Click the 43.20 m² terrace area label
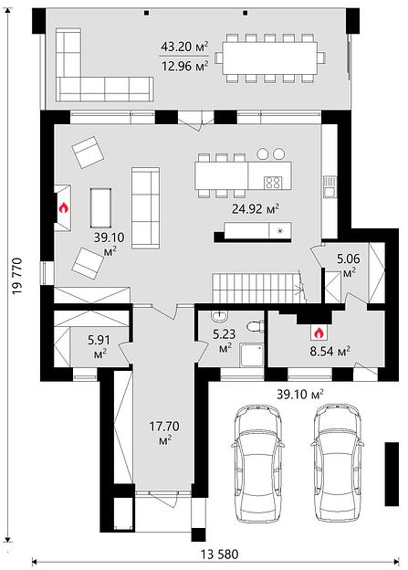pyautogui.click(x=184, y=47)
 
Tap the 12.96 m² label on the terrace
pyautogui.click(x=184, y=67)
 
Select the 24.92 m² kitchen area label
pyautogui.click(x=256, y=209)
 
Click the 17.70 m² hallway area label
pyautogui.click(x=164, y=432)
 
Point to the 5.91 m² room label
pyautogui.click(x=99, y=346)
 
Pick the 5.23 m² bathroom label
pyautogui.click(x=225, y=340)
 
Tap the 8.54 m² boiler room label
pyautogui.click(x=330, y=352)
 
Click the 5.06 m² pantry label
pyautogui.click(x=349, y=265)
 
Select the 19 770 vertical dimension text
pyautogui.click(x=16, y=276)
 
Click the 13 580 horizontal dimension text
pyautogui.click(x=220, y=554)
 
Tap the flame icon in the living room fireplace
pyautogui.click(x=63, y=208)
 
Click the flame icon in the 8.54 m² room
pyautogui.click(x=319, y=332)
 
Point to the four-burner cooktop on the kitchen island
pyautogui.click(x=273, y=182)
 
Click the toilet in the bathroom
pyautogui.click(x=256, y=326)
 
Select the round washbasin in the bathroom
pyautogui.click(x=220, y=317)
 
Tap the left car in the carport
pyautogui.click(x=257, y=463)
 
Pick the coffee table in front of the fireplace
pyautogui.click(x=100, y=207)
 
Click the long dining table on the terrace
pyautogui.click(x=270, y=58)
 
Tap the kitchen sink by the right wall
pyautogui.click(x=330, y=187)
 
